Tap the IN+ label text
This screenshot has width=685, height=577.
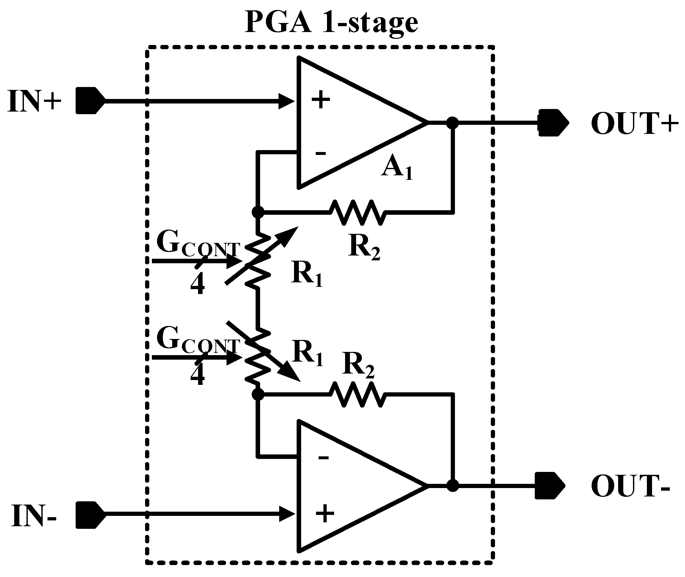[34, 102]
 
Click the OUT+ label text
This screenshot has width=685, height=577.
[634, 124]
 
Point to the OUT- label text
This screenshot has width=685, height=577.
[630, 486]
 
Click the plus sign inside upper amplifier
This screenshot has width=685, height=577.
[321, 99]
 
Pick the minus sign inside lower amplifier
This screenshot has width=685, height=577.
[323, 457]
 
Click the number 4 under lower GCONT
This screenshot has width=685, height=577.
[197, 376]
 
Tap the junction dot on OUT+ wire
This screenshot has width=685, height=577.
[453, 123]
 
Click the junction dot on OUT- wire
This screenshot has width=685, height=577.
[453, 486]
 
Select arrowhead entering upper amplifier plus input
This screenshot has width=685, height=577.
[287, 102]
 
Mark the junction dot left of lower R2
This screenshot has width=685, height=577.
[258, 395]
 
